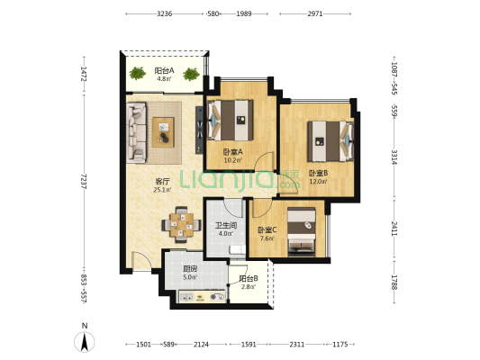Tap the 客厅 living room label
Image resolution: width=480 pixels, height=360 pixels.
click(x=162, y=182)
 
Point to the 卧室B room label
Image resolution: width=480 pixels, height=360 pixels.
click(x=318, y=173)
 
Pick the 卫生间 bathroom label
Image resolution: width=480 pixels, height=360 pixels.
click(x=226, y=226)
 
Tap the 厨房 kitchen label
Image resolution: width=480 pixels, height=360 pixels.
click(x=190, y=269)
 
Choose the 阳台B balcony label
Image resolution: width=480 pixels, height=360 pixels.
click(x=249, y=279)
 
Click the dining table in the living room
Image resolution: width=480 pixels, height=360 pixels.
click(x=182, y=225)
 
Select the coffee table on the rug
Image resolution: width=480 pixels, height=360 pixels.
click(x=163, y=132)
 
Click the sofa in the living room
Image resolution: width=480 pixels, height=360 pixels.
click(x=136, y=132)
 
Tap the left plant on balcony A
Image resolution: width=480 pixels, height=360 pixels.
click(x=137, y=74)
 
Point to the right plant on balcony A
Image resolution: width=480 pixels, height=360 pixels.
click(x=191, y=74)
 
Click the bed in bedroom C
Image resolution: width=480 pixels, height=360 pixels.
click(x=301, y=232)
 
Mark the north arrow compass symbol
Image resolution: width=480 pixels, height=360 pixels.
click(x=85, y=341)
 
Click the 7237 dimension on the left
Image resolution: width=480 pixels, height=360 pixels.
click(x=84, y=182)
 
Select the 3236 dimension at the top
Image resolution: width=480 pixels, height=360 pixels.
click(x=165, y=13)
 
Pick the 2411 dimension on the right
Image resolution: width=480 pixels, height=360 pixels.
click(x=394, y=229)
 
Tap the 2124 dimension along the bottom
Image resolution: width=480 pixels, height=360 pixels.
click(x=201, y=345)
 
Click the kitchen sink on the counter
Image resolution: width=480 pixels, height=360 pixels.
click(x=186, y=297)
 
